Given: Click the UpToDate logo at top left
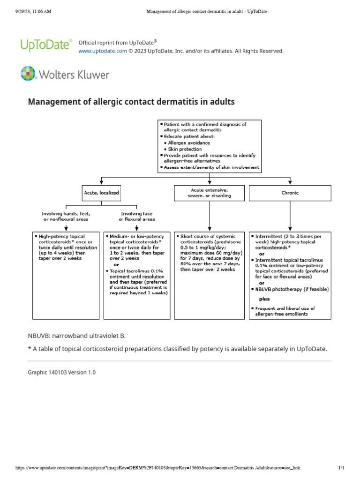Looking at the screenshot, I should pyautogui.click(x=46, y=45).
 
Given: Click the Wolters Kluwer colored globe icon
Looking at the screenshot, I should pyautogui.click(x=28, y=74).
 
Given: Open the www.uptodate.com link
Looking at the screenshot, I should pyautogui.click(x=102, y=51).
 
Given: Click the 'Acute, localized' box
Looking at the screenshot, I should pyautogui.click(x=101, y=193).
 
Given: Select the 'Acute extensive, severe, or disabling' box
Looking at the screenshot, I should pyautogui.click(x=209, y=193).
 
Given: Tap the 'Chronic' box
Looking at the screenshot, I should pyautogui.click(x=290, y=193).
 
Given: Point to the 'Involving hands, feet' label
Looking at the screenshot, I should pyautogui.click(x=66, y=216).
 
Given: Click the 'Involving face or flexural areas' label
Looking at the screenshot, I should pyautogui.click(x=137, y=216).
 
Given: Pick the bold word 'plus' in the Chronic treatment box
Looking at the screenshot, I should pyautogui.click(x=264, y=299).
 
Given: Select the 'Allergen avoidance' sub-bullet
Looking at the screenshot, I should pyautogui.click(x=189, y=142).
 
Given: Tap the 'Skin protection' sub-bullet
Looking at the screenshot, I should pyautogui.click(x=186, y=149).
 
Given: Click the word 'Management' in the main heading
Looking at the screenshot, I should pyautogui.click(x=52, y=102).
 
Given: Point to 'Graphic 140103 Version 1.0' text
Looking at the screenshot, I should pyautogui.click(x=61, y=372).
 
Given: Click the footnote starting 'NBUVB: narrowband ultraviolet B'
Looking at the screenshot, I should pyautogui.click(x=77, y=336).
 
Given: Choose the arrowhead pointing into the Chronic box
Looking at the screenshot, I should pyautogui.click(x=290, y=183).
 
